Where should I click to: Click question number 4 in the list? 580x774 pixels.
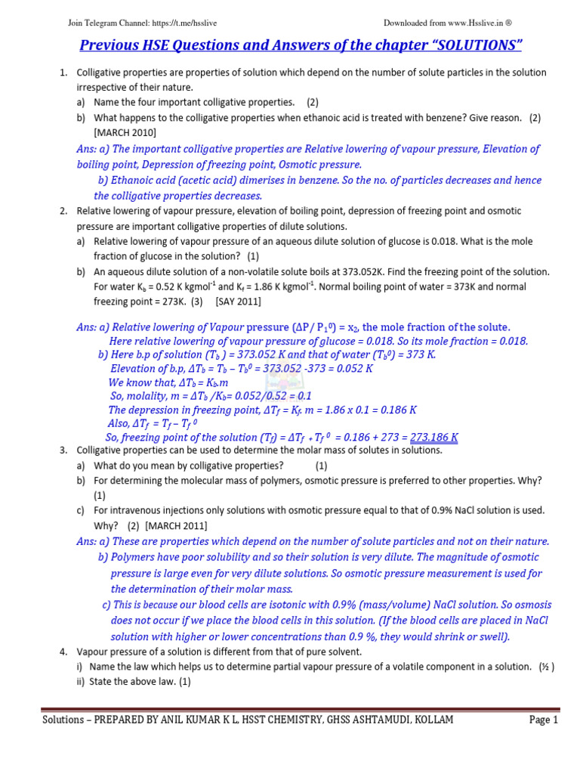[63, 652]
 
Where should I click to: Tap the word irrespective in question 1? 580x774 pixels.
[103, 87]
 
